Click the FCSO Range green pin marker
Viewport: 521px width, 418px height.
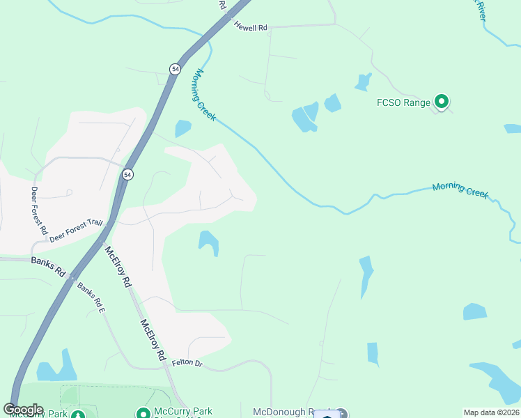point(441,102)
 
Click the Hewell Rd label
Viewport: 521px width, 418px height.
point(251,27)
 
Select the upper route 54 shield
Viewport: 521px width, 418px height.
point(174,68)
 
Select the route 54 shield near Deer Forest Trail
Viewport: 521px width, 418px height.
point(127,174)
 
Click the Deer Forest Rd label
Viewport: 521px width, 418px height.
point(38,210)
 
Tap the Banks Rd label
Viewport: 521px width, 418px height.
point(47,264)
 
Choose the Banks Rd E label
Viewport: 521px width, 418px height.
point(91,295)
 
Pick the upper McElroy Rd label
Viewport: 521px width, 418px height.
point(118,267)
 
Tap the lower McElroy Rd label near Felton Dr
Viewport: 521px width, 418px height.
point(153,339)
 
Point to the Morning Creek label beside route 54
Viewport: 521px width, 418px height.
point(204,95)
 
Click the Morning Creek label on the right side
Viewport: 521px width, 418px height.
point(460,189)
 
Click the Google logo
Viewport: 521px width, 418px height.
point(23,410)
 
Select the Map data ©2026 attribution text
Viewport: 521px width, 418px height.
point(491,412)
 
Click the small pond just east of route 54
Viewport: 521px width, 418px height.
point(182,128)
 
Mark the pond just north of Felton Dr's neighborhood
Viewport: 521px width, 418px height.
point(208,242)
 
